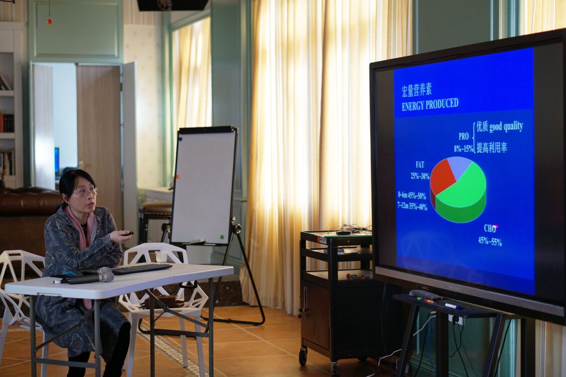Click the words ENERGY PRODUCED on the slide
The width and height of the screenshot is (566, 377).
tap(430, 104)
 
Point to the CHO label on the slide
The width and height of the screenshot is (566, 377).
tap(490, 228)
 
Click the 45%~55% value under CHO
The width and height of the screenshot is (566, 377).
tap(490, 241)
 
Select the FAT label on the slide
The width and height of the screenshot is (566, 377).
tap(420, 165)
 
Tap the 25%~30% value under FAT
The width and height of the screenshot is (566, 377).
tap(420, 176)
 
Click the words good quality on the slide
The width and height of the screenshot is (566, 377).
tap(506, 127)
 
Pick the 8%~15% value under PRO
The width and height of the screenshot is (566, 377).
tap(463, 148)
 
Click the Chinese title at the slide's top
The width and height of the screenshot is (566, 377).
tap(417, 90)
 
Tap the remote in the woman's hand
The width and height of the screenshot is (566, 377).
tap(128, 233)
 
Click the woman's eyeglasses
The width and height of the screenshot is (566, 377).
tap(86, 192)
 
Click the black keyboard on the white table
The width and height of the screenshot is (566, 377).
tap(141, 268)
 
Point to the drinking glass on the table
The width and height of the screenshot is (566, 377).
tap(161, 257)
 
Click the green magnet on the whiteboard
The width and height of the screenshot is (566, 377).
tap(222, 237)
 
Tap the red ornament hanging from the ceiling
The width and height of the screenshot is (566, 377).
tap(49, 21)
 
